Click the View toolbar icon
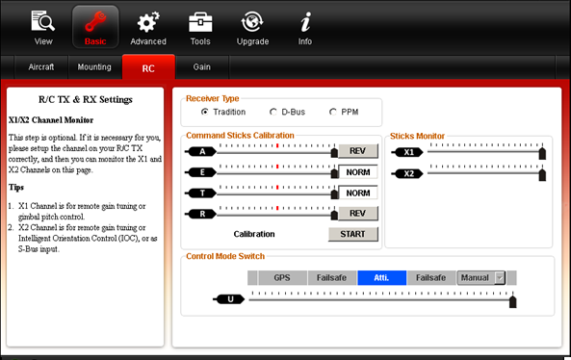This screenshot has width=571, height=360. [43, 21]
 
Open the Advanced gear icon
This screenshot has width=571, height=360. [148, 22]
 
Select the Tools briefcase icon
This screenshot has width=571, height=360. [200, 22]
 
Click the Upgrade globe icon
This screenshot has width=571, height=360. [252, 22]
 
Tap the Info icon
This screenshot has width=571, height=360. [305, 22]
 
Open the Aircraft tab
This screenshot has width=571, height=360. [41, 67]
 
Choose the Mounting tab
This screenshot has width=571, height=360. [94, 67]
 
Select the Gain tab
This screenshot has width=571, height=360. [202, 67]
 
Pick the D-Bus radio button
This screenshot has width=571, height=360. [273, 112]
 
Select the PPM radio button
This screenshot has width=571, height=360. [333, 112]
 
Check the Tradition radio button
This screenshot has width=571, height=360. [205, 112]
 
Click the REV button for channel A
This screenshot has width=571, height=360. [358, 151]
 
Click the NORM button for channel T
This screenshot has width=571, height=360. [358, 193]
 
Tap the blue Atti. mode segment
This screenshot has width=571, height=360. [382, 278]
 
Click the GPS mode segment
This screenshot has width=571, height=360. [282, 278]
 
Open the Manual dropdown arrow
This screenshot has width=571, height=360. [500, 278]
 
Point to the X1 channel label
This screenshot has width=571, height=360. [408, 152]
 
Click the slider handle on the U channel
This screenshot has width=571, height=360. [512, 301]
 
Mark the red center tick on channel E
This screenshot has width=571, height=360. [277, 167]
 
